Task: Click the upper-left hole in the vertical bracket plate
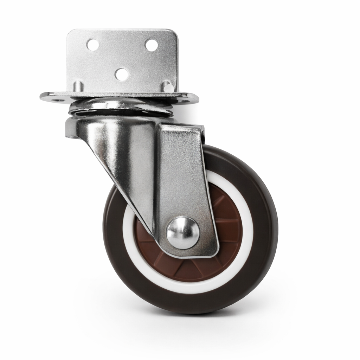point(93,45)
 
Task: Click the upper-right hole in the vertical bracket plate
point(151,45)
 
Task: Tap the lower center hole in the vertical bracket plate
point(122,74)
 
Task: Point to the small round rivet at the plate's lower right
point(169,88)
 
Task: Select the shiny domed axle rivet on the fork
point(183,232)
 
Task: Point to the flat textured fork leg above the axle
point(182,173)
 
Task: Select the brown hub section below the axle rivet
point(187,267)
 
